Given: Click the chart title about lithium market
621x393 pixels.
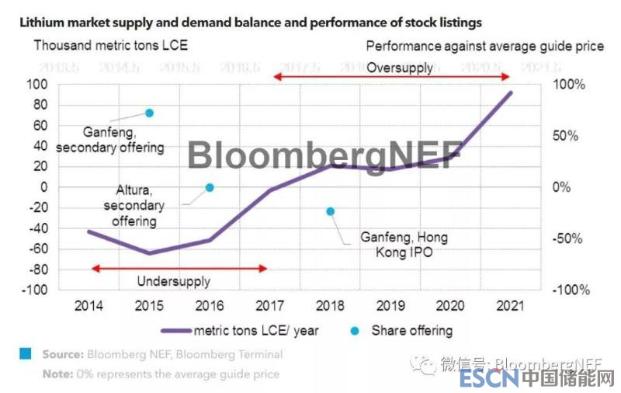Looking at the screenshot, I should pos(250,23).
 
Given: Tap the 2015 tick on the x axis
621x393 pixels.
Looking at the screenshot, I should pos(148,305).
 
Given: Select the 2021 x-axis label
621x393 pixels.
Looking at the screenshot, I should pos(510,305).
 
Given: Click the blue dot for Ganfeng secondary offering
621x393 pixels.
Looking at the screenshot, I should pos(150,113).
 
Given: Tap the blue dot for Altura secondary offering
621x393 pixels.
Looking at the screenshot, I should pos(210,187).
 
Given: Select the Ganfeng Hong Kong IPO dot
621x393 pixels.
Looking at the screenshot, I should pos(330,211).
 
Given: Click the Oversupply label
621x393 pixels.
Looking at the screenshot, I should pos(400,68).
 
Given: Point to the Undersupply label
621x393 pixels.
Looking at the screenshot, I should pos(173,281).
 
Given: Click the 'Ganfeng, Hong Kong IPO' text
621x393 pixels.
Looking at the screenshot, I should pos(404,245).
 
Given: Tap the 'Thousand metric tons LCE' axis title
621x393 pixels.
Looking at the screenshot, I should pos(110,45).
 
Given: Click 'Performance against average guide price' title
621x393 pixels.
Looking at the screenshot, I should pos(484,46).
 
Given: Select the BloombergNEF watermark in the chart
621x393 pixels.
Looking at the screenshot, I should pos(324,155).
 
